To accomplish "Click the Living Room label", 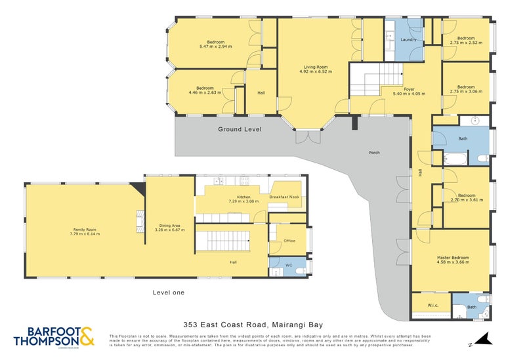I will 316,66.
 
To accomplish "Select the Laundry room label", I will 409,40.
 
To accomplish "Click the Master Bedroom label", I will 453,258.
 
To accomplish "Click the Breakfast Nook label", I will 284,197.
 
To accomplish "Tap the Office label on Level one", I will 289,241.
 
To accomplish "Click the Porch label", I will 374,153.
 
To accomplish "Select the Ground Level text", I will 240,129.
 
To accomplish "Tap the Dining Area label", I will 167,226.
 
